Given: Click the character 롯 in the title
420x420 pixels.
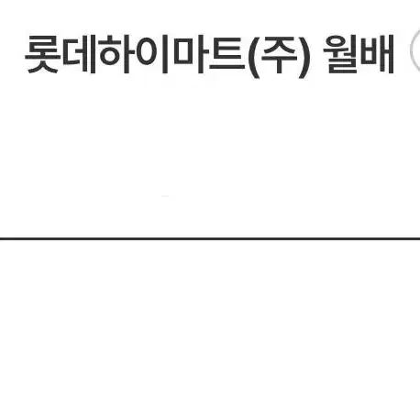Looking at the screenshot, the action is [x=42, y=55].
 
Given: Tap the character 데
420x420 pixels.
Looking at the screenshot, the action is [x=80, y=55].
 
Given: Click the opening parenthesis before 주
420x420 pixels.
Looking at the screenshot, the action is [x=254, y=57].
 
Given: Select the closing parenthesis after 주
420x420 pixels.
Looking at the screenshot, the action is [x=304, y=57].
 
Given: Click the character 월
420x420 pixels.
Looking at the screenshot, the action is [x=341, y=55].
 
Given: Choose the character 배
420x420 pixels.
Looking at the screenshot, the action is [x=377, y=55].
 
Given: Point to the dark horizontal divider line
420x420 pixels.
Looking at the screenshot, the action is [x=210, y=238].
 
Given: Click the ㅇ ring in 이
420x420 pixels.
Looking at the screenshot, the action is [x=146, y=54].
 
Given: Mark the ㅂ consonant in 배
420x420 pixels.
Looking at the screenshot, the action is [x=369, y=54].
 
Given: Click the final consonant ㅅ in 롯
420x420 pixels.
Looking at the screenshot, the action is [x=42, y=68].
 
